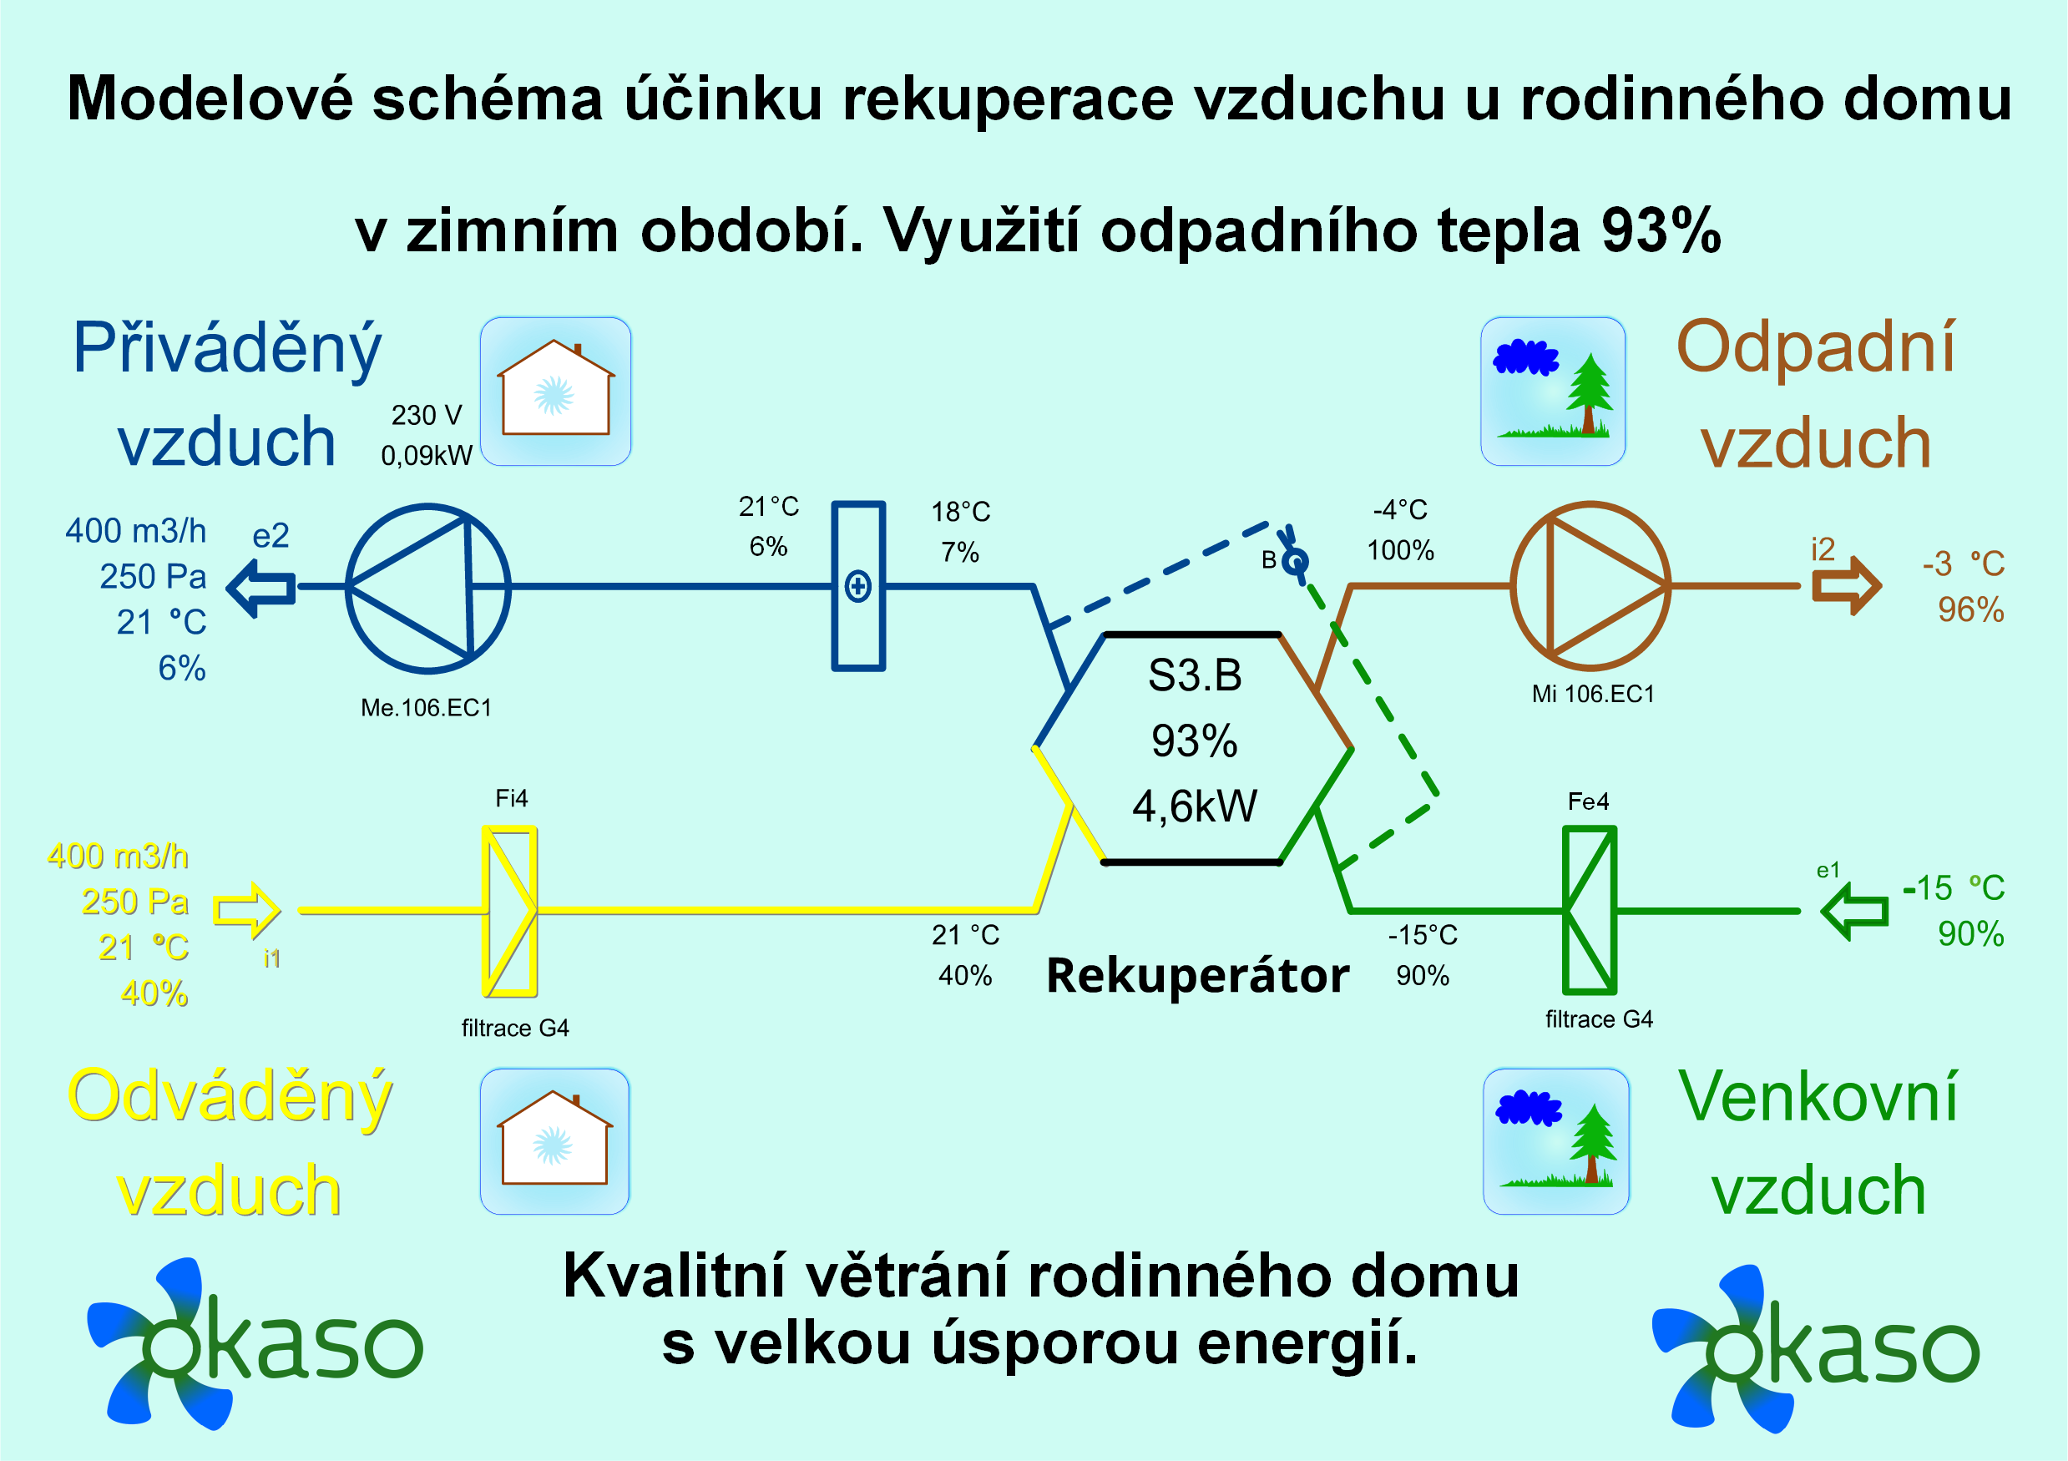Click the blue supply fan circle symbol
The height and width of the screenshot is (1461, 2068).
[x=346, y=587]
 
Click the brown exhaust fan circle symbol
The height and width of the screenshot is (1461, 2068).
[x=1511, y=585]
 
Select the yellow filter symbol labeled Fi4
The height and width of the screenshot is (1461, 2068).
[x=511, y=911]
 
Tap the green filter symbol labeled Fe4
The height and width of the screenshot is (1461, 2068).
[x=1590, y=910]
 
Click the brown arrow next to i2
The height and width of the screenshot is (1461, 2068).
[x=1847, y=585]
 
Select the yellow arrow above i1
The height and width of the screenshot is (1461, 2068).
[x=247, y=911]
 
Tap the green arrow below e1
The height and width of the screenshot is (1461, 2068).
[x=1853, y=911]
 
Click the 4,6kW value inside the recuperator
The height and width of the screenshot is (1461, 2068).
[x=1195, y=806]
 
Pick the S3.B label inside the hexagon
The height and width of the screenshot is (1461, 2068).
[x=1195, y=675]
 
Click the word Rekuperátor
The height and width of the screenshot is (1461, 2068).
[x=1197, y=975]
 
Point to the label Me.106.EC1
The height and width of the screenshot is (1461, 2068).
[x=426, y=708]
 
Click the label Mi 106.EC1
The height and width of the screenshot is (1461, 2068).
[x=1593, y=694]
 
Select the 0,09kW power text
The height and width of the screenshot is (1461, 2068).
[x=426, y=456]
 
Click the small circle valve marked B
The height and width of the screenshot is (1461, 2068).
[x=1294, y=563]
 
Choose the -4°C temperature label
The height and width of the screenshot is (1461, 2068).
[x=1400, y=510]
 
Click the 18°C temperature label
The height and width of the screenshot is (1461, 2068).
[x=960, y=512]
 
